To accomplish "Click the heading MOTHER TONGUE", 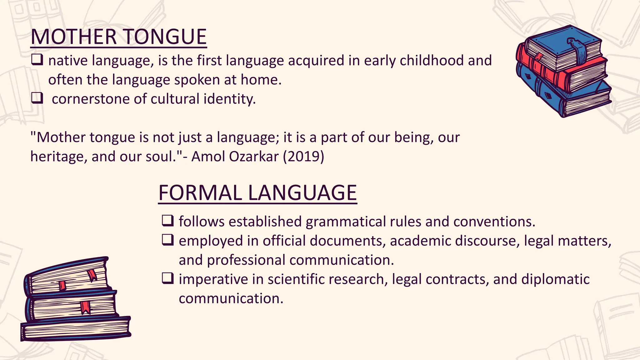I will click(119, 37).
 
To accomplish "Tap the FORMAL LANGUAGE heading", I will click(257, 193).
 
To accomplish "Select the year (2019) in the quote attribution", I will click(303, 156).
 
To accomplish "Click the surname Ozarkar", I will click(253, 156).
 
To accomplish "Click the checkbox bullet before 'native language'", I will click(37, 60).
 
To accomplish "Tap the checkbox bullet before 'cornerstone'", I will click(37, 98).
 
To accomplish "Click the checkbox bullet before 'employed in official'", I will click(167, 240).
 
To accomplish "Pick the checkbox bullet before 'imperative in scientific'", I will click(167, 278).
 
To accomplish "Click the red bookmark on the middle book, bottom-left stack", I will click(85, 307).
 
